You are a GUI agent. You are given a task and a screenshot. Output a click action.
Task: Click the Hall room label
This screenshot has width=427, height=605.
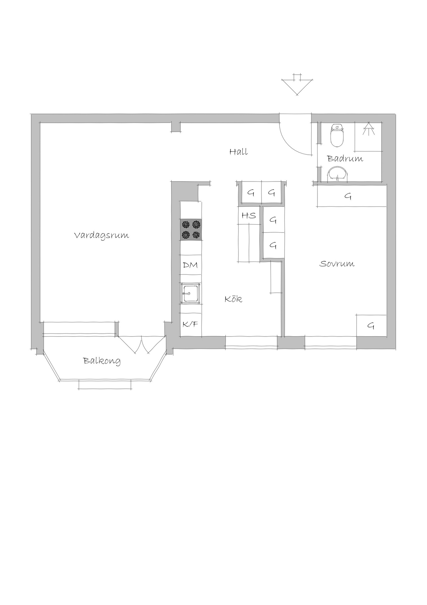[x=239, y=152]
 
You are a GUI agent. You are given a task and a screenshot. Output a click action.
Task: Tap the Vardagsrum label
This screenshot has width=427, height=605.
[x=102, y=236]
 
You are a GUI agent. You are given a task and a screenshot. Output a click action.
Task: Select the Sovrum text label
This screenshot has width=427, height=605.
[x=337, y=264]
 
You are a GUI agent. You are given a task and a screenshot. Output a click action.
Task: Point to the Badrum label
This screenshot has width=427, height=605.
[x=345, y=158]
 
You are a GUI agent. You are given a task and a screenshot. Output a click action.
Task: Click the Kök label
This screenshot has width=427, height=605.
[x=233, y=299]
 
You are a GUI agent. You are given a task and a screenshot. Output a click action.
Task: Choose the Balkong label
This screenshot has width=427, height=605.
[x=102, y=361]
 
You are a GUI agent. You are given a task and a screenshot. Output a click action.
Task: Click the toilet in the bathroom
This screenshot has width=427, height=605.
[x=337, y=135]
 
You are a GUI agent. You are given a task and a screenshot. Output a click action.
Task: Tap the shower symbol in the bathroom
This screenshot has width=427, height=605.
[x=368, y=129]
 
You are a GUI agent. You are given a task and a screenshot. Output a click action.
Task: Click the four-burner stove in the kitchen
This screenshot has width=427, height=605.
[x=191, y=229]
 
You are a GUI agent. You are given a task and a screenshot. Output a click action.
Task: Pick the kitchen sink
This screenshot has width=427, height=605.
[x=190, y=293]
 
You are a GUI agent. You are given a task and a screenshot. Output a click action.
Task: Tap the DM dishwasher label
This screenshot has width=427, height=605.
[x=190, y=265]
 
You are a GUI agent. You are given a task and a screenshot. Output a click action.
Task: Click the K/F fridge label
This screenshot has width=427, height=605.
[x=190, y=324]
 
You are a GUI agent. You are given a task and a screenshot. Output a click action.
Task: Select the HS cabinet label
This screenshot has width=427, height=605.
[x=249, y=216]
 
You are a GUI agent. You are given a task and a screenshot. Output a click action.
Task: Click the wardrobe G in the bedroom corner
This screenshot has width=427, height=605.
[x=371, y=326]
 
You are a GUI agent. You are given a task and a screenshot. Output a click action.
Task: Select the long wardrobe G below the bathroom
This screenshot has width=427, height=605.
[x=351, y=196]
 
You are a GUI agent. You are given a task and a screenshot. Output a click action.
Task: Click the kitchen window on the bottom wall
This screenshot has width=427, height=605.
[x=251, y=343]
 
